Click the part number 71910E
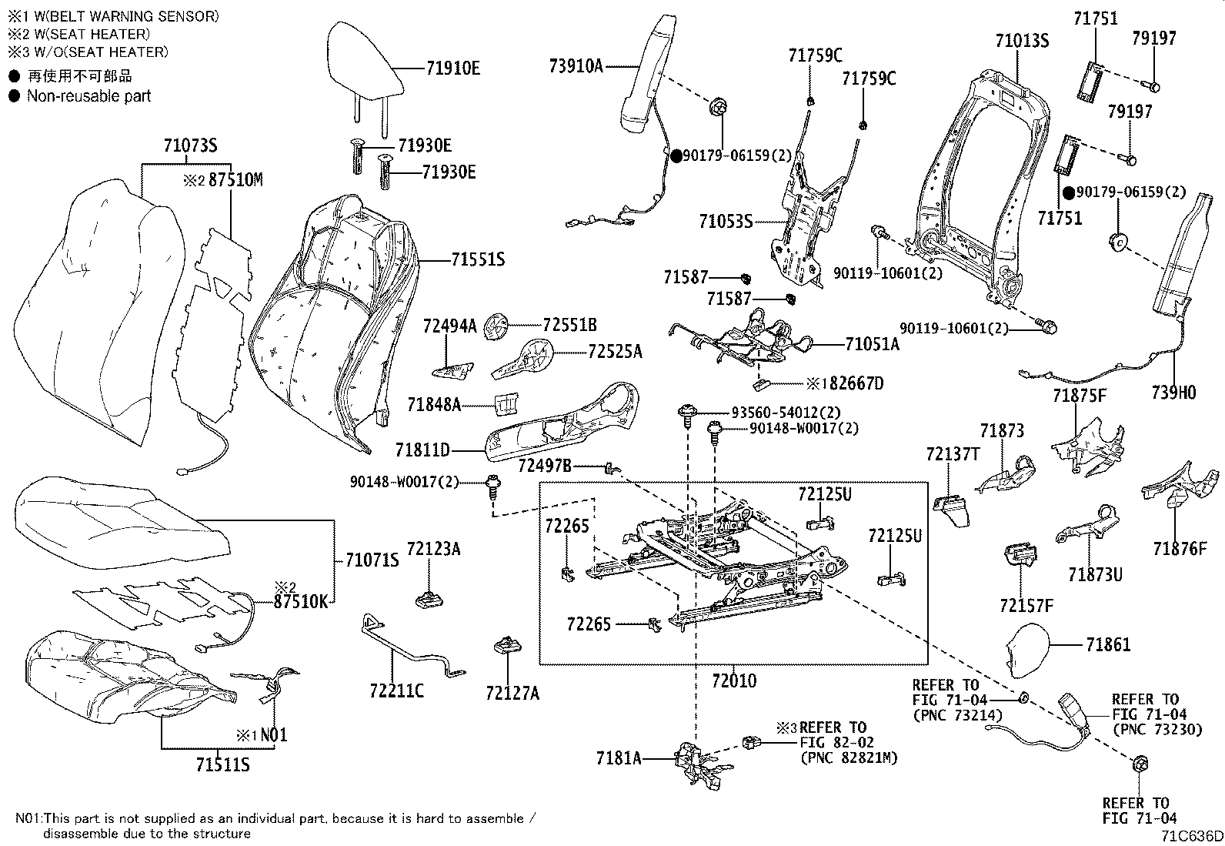pos(452,69)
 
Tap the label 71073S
pos(190,145)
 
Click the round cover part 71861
pos(1031,646)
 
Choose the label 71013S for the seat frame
pos(1022,41)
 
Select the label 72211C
pos(396,691)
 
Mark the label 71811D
pos(422,450)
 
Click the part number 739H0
pos(1173,393)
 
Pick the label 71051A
pos(872,344)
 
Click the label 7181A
pos(618,757)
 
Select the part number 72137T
pos(953,455)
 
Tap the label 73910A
pos(576,66)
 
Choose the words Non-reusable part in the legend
pos(88,96)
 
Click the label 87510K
pos(301,602)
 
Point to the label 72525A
pos(615,352)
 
